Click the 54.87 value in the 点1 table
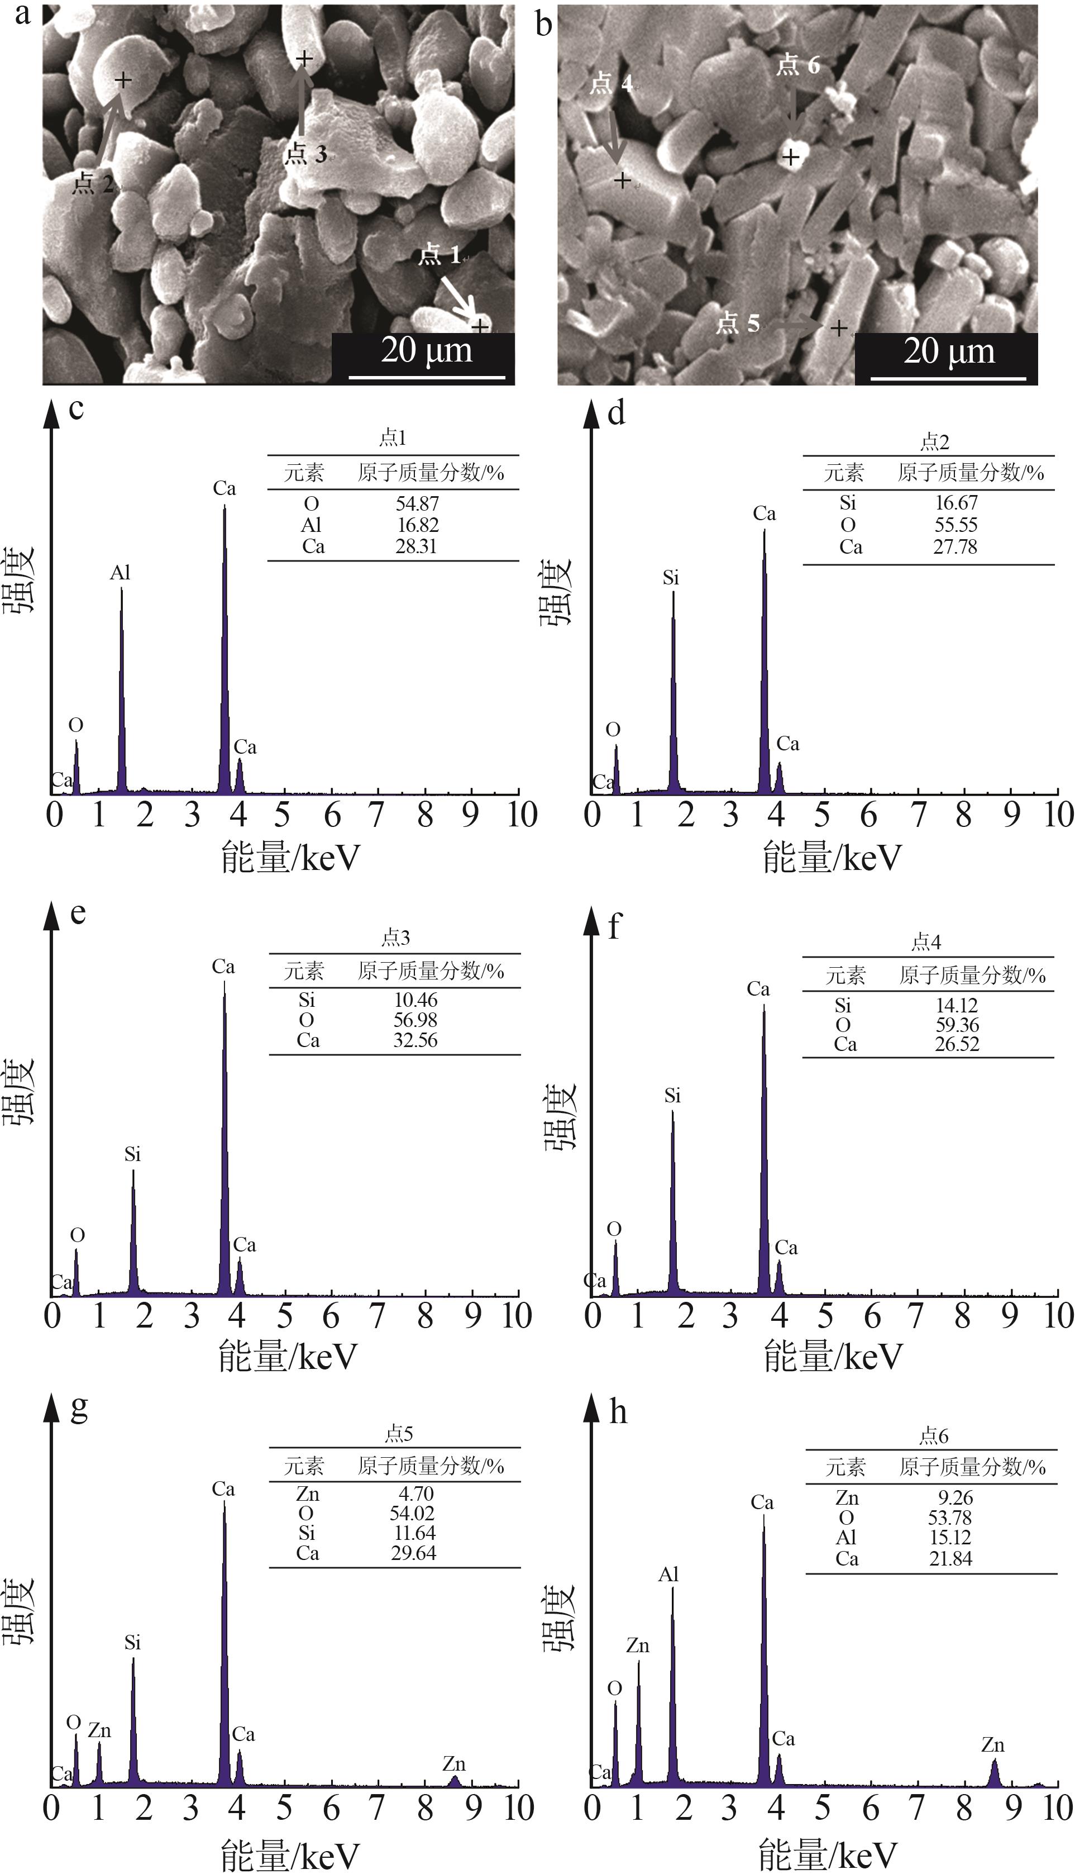[x=417, y=504]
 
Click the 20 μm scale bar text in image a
[x=426, y=350]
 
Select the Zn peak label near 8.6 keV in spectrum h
[x=992, y=1745]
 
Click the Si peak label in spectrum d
[x=670, y=578]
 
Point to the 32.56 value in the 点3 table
[x=415, y=1040]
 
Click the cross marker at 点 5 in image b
[x=839, y=327]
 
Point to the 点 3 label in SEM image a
[x=305, y=154]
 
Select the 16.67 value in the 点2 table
[x=956, y=503]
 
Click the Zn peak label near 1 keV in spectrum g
[x=99, y=1731]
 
